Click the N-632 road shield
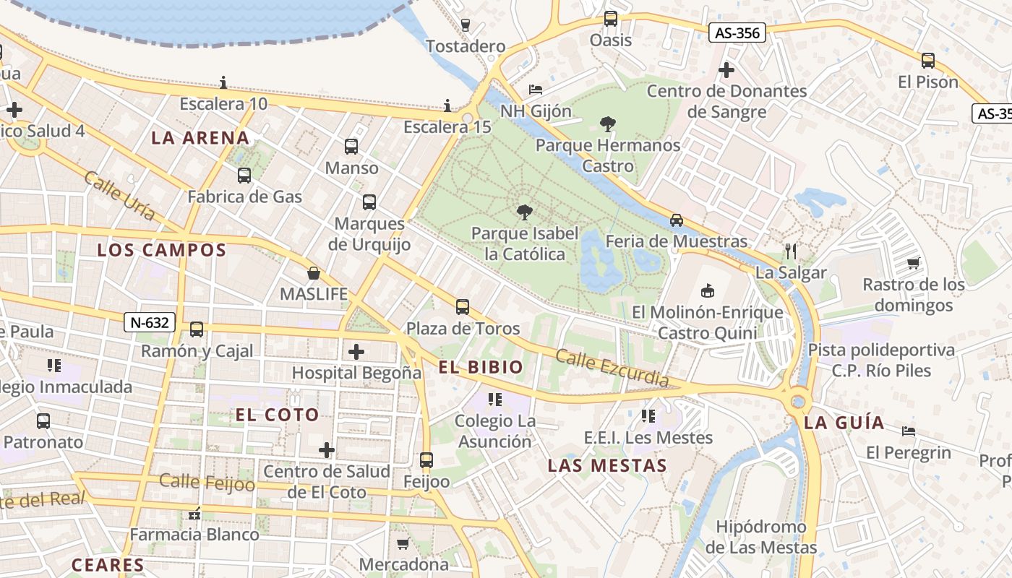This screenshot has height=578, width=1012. pos(150,322)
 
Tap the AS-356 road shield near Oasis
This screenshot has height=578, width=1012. pos(737,33)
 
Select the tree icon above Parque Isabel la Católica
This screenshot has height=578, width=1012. pos(525,212)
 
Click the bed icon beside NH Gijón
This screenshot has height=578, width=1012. pos(536,90)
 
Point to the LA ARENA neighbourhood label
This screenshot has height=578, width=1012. pos(200,138)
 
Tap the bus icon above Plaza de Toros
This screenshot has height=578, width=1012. pos(463,307)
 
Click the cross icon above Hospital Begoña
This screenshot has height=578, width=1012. pos(356,352)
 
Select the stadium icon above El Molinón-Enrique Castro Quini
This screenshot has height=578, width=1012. pos(707,290)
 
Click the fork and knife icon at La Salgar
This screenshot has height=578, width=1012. pos(790,251)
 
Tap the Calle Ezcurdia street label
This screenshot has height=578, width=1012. pos(612,368)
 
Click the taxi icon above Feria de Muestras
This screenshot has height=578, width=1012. pos(676,220)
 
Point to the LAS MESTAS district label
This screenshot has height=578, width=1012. pos(607,466)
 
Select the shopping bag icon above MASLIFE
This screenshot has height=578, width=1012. pos(314,273)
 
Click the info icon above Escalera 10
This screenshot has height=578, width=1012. pos(223,82)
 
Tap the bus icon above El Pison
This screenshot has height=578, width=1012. pos(928,61)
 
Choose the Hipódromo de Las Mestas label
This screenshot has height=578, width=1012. pos(761,537)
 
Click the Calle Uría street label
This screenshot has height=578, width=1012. pos(119,195)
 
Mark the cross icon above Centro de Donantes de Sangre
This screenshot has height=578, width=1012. pos(726,70)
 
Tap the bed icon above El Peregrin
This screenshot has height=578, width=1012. pos(909,431)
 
